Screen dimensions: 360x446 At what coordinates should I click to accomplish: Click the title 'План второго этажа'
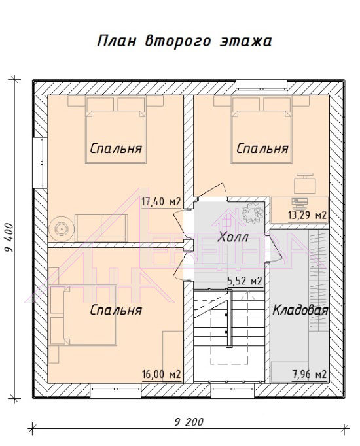[x=185, y=41]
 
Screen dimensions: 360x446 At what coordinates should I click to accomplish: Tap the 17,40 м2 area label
[x=161, y=202]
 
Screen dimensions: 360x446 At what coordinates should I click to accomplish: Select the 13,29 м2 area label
[x=307, y=215]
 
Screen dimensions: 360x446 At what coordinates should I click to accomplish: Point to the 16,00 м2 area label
[x=162, y=374]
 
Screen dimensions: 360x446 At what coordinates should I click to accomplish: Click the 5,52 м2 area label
[x=244, y=281]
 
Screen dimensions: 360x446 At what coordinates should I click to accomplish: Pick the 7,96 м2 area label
[x=310, y=374]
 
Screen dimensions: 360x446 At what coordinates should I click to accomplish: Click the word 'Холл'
[x=233, y=237]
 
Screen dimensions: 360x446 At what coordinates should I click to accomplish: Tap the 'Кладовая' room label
[x=300, y=310]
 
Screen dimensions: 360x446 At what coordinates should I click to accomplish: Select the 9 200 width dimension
[x=189, y=422]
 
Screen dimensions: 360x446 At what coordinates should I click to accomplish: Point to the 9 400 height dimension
[x=9, y=238]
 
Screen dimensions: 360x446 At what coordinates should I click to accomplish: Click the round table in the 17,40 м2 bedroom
[x=61, y=228]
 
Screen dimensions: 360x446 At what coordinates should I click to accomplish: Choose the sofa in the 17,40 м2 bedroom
[x=101, y=228]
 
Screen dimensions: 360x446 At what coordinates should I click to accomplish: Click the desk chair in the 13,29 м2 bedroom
[x=305, y=183]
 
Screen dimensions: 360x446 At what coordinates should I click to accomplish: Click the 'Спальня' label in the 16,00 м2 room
[x=116, y=310]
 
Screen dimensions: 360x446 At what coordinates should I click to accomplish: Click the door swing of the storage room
[x=276, y=249]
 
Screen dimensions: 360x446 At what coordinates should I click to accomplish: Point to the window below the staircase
[x=232, y=390]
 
